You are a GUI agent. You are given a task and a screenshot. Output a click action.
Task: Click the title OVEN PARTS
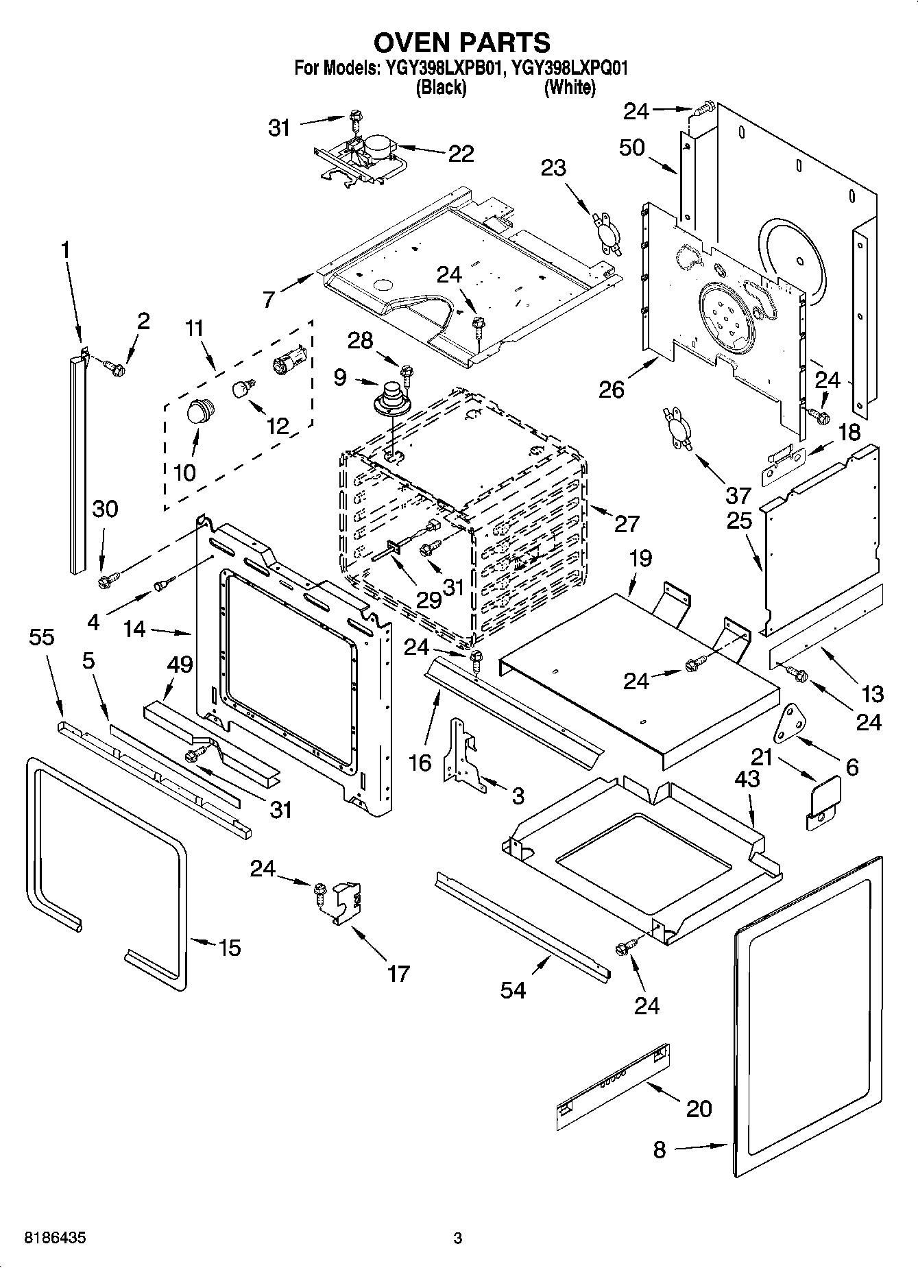coord(461,43)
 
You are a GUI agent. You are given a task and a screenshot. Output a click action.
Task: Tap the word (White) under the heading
coord(569,88)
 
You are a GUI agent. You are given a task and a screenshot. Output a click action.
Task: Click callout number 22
coord(461,154)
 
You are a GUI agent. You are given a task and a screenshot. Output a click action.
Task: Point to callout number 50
coord(631,147)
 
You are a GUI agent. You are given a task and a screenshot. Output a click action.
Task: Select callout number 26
coord(611,390)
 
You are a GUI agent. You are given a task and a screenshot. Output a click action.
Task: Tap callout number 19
coord(640,558)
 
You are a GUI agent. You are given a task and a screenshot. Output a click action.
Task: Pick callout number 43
coord(747,779)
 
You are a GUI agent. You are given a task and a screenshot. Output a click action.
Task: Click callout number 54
coord(513,990)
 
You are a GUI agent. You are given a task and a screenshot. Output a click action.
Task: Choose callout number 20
coord(699,1109)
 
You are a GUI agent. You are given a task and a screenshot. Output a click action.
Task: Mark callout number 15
coord(229,948)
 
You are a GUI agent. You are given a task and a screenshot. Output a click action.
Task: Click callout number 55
coord(41,637)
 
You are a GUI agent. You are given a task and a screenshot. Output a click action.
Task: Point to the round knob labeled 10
coord(197,414)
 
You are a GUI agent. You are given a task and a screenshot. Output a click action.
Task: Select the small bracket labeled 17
coord(348,903)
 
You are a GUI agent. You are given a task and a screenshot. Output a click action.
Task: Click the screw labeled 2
coord(114,368)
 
